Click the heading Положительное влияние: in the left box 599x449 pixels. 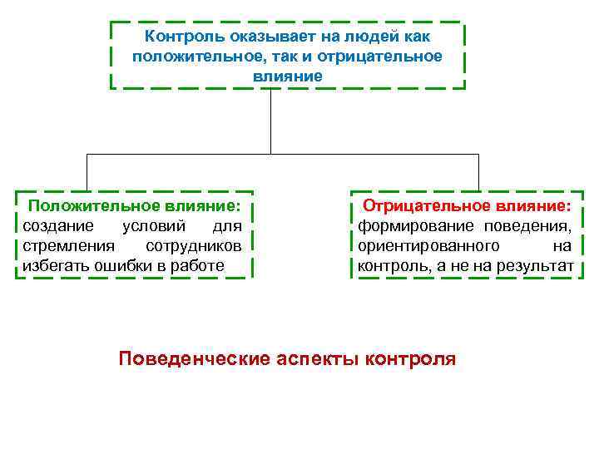pos(134,205)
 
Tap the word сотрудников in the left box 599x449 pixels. pos(193,246)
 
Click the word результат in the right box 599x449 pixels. pos(534,266)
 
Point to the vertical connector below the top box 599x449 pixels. pos(271,121)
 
